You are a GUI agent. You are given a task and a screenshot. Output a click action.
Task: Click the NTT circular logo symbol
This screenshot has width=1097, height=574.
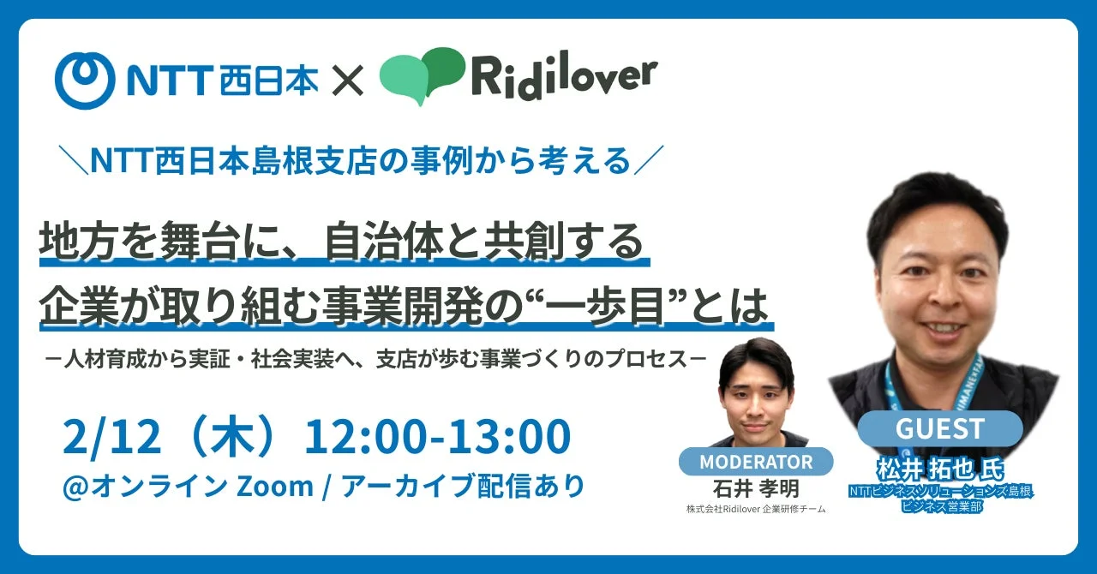point(84,81)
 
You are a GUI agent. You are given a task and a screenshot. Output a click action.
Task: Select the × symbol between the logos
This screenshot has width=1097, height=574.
point(348,81)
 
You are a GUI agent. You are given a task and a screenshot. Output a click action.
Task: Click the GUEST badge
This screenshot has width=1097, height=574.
point(939,428)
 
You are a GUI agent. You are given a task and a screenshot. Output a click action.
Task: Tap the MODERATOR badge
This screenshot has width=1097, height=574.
point(756,462)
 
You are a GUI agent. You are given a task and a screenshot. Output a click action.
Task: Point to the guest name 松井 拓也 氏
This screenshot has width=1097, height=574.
point(939,471)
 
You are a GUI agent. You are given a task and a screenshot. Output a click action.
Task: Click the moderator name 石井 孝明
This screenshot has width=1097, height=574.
point(755,487)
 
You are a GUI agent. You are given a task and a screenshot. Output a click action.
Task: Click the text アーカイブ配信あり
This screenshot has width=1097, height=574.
point(463,486)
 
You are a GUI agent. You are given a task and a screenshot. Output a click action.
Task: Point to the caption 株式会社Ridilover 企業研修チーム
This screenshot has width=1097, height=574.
point(755,510)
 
